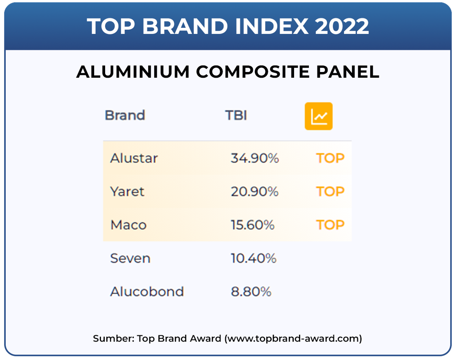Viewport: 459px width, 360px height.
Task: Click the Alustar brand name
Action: [x=134, y=158]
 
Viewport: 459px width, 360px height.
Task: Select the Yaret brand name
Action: [x=127, y=192]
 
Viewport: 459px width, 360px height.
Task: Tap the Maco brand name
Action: [x=128, y=225]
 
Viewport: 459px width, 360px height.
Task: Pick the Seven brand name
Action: [x=130, y=259]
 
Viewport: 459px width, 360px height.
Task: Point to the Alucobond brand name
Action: [x=147, y=292]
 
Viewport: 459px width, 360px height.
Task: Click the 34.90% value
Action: [x=255, y=158]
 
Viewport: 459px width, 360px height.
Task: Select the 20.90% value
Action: [x=255, y=192]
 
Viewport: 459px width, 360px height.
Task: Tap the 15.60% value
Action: [x=253, y=225]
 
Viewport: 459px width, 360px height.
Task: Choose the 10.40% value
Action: [x=254, y=259]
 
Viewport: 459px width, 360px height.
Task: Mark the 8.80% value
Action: [x=251, y=292]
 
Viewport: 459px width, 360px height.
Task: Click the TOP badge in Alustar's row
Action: [x=330, y=158]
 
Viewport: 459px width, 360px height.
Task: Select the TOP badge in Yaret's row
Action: [x=330, y=192]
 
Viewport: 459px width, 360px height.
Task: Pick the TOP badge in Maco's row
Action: [x=330, y=225]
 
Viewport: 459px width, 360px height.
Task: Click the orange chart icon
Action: [x=319, y=116]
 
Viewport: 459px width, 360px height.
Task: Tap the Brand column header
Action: [x=125, y=115]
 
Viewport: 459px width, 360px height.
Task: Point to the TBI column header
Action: [x=236, y=115]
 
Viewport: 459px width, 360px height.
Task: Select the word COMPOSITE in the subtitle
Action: [x=253, y=72]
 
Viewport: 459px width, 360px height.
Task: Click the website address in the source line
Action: [x=293, y=339]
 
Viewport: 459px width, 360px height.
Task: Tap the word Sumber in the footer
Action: [x=114, y=339]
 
